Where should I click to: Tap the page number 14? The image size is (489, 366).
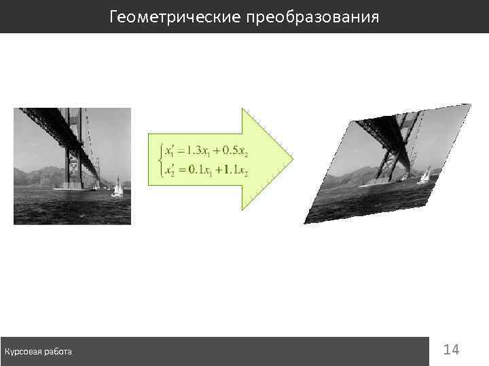pos(451,350)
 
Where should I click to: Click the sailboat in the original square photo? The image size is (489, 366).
pos(117,188)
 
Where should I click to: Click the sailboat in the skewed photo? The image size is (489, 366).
pos(424,175)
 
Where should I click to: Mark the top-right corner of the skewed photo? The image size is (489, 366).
pos(470,105)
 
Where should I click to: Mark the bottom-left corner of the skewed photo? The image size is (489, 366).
pos(305,223)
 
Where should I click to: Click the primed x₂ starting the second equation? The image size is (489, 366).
pos(168,171)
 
